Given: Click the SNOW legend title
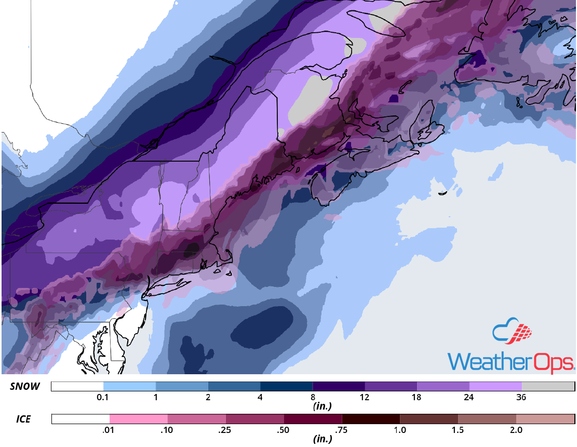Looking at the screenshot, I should click(24, 387).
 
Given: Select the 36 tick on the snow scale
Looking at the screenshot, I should click(521, 398).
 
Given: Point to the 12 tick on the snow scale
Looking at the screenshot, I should click(365, 398).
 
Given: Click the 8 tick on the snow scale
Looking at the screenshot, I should click(313, 398).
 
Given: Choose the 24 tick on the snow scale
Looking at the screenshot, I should click(469, 398).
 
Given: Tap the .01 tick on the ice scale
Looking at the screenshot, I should click(110, 430).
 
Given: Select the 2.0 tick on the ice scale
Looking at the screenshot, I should click(516, 430).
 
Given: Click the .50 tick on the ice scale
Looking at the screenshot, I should click(284, 430).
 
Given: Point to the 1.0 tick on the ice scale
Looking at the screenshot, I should click(400, 430).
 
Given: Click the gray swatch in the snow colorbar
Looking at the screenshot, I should click(548, 387).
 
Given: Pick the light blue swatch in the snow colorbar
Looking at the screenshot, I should click(129, 387).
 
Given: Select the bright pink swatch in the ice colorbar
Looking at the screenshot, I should click(139, 419).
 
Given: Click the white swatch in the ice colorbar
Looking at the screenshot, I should click(80, 419).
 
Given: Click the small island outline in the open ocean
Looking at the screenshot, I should click(442, 193).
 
